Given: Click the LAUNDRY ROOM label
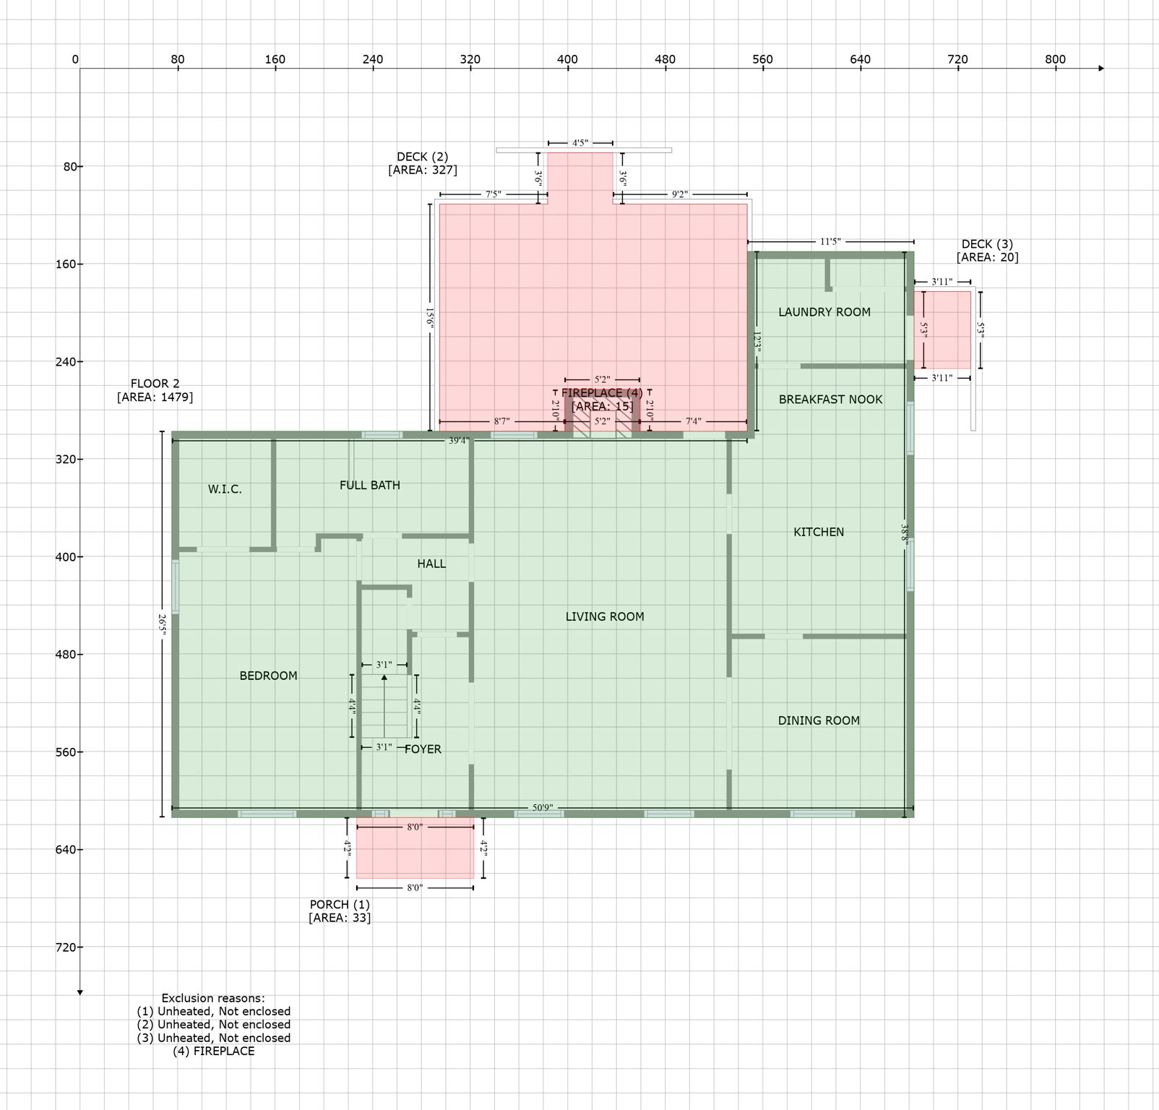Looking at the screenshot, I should pos(824,312).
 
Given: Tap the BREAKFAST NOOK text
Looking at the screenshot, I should pos(830,400).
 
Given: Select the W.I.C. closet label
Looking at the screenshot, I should pos(225,489).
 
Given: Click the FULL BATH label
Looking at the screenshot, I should pos(369,486).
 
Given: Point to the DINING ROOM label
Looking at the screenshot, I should pos(818,720).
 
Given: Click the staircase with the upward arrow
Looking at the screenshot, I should pos(385,706).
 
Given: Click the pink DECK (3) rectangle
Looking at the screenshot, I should pos(942,330).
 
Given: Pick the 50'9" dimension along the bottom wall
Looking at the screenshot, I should pos(543,807).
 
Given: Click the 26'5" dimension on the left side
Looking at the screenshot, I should pos(163,625).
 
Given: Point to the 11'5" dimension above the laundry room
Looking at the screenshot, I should pos(830,242).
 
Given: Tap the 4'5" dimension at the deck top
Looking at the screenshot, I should pos(580,143).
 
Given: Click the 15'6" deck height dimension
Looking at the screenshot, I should pos(430,318).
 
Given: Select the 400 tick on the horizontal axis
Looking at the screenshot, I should pos(567,60).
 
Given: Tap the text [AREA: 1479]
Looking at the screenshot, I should pos(155,397).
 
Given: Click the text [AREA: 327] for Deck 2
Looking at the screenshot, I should pos(422,170).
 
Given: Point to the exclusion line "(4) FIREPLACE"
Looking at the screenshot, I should pos(213,1051).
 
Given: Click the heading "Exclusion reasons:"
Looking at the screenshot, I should pos(213,998).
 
